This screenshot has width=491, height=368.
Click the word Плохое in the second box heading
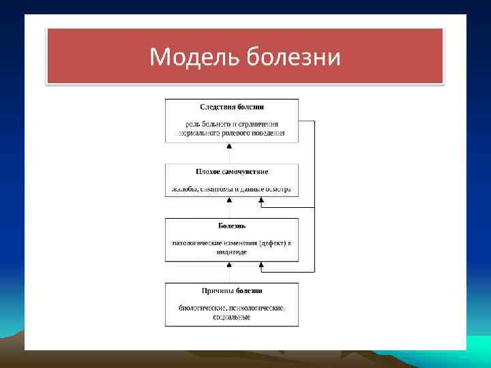[x=209, y=172]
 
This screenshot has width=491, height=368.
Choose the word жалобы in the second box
[x=181, y=189]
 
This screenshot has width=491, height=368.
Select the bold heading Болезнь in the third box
[x=232, y=226]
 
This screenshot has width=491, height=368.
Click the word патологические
[x=196, y=243]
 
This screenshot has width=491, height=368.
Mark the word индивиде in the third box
[x=232, y=252]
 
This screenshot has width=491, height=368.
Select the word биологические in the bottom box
[x=202, y=308]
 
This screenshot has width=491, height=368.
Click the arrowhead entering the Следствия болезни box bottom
[x=229, y=145]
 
